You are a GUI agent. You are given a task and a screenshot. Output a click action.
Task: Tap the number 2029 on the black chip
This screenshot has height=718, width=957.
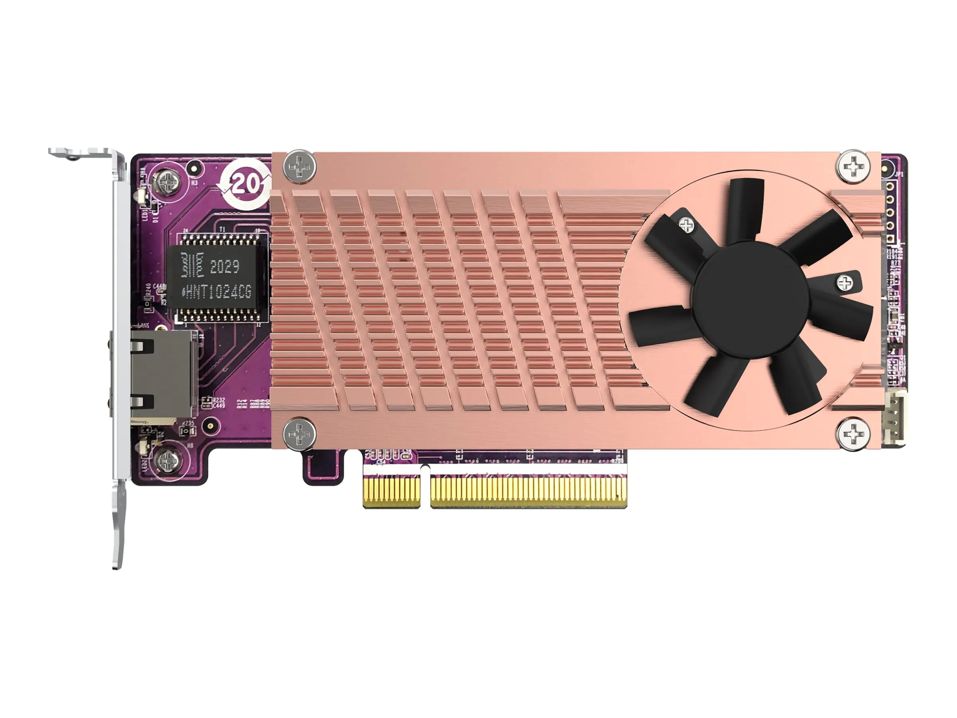(224, 266)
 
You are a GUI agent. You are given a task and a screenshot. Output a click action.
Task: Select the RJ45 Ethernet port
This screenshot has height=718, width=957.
(162, 371)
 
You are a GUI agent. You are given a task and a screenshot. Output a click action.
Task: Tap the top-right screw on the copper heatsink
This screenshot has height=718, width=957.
(853, 165)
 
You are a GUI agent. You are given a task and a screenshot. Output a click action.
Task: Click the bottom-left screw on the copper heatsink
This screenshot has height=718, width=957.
(299, 433)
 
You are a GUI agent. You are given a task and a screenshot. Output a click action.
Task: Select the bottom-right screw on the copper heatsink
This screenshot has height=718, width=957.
(853, 434)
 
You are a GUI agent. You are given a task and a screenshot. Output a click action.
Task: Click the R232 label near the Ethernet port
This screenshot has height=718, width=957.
(219, 400)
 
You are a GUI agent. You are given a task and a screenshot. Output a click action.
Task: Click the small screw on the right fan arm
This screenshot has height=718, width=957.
(845, 284)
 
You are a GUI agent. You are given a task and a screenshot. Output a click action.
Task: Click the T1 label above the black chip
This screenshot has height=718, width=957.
(223, 229)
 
